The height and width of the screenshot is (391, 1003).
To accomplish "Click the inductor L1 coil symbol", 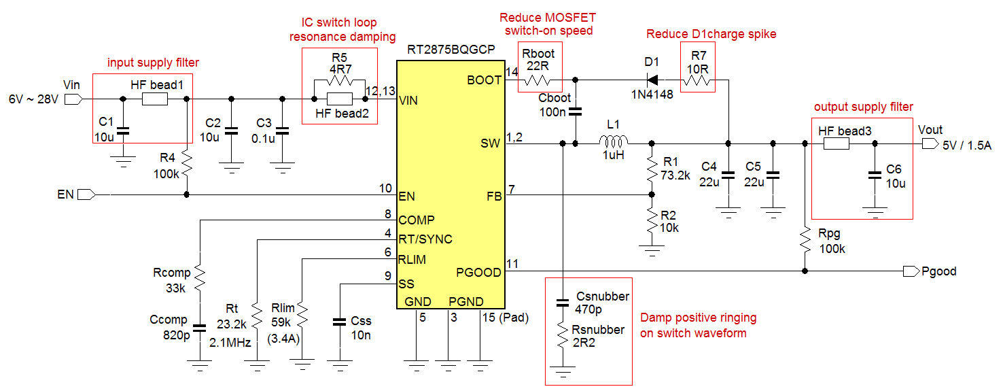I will tap(614, 142).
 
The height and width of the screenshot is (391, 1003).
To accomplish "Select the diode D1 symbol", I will tap(652, 80).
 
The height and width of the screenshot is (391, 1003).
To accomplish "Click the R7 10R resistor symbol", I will tap(698, 81).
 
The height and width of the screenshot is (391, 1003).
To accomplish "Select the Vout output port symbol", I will tap(928, 144).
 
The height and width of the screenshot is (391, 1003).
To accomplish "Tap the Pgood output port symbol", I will tap(910, 271).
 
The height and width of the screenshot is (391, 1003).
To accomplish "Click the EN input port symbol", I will tap(86, 195).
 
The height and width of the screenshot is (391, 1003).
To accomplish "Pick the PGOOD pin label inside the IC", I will tap(480, 272).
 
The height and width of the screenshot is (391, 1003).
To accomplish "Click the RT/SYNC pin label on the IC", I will tap(425, 239).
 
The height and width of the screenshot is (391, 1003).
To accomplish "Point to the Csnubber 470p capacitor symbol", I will tap(563, 301).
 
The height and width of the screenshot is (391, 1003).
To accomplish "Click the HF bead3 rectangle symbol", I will tap(836, 144).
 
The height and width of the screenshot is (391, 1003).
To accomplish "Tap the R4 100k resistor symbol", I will tap(187, 165).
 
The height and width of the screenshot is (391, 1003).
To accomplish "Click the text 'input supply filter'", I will tap(154, 63).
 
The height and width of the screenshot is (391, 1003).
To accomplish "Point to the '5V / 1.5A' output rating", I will tap(967, 145).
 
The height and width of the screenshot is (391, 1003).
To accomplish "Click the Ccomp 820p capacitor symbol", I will tap(199, 327).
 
